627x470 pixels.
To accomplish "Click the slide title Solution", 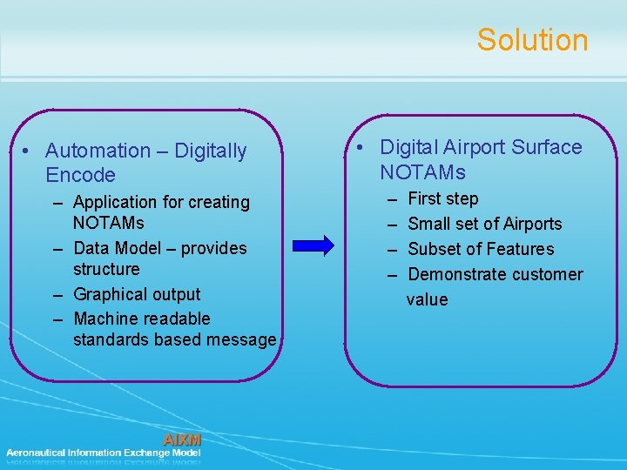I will click(532, 40).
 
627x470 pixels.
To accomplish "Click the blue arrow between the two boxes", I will click(311, 245).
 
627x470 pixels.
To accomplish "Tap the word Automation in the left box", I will click(98, 151).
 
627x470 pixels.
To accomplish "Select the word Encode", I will click(80, 175).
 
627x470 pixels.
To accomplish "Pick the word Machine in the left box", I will click(107, 319).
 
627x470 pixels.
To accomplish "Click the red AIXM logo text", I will click(182, 440).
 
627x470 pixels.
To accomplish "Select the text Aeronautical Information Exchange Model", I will click(104, 453).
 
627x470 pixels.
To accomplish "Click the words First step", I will click(442, 198).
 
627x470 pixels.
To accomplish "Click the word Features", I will click(520, 249).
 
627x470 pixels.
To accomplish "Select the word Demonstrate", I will click(458, 274).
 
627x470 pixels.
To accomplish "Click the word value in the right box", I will click(427, 299).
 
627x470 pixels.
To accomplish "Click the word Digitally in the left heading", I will click(211, 151).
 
